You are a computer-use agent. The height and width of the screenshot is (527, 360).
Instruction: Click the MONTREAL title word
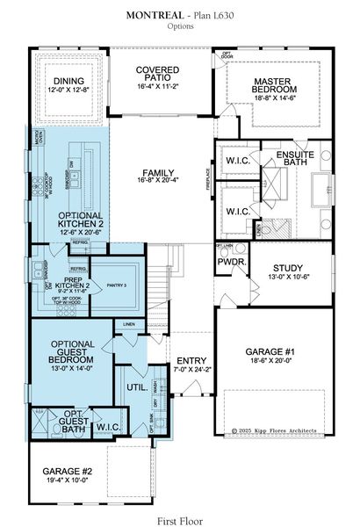(155, 16)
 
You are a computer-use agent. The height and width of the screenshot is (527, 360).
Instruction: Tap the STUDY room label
(286, 271)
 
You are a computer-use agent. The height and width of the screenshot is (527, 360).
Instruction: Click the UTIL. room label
(136, 386)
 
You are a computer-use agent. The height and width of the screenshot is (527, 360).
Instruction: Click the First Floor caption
(180, 518)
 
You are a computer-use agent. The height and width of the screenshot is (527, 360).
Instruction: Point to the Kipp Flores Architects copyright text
(282, 431)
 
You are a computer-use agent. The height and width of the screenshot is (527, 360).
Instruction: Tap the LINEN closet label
(130, 325)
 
